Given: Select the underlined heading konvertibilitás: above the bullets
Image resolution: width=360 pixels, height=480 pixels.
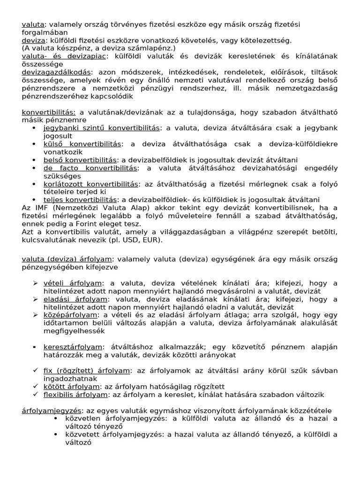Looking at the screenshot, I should coord(49,112).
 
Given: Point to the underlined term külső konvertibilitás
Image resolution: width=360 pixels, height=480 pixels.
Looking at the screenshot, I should coord(82,144).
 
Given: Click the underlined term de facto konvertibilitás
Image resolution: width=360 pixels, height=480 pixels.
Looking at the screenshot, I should coord(90,168).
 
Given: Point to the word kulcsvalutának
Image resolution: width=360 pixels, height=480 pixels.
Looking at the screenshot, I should coord(48,240).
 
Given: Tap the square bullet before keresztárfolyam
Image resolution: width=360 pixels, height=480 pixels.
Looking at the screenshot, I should coord(35,347).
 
